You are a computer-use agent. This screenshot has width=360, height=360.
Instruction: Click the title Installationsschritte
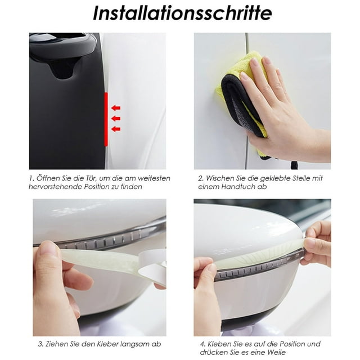[182, 13]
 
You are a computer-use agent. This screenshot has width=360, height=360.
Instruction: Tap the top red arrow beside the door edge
[116, 107]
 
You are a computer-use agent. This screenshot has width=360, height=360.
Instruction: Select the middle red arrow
[116, 119]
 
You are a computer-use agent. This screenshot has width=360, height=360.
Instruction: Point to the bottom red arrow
[116, 129]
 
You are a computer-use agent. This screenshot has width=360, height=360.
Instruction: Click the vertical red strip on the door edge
[106, 119]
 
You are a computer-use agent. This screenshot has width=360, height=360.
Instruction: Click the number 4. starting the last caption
[202, 344]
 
